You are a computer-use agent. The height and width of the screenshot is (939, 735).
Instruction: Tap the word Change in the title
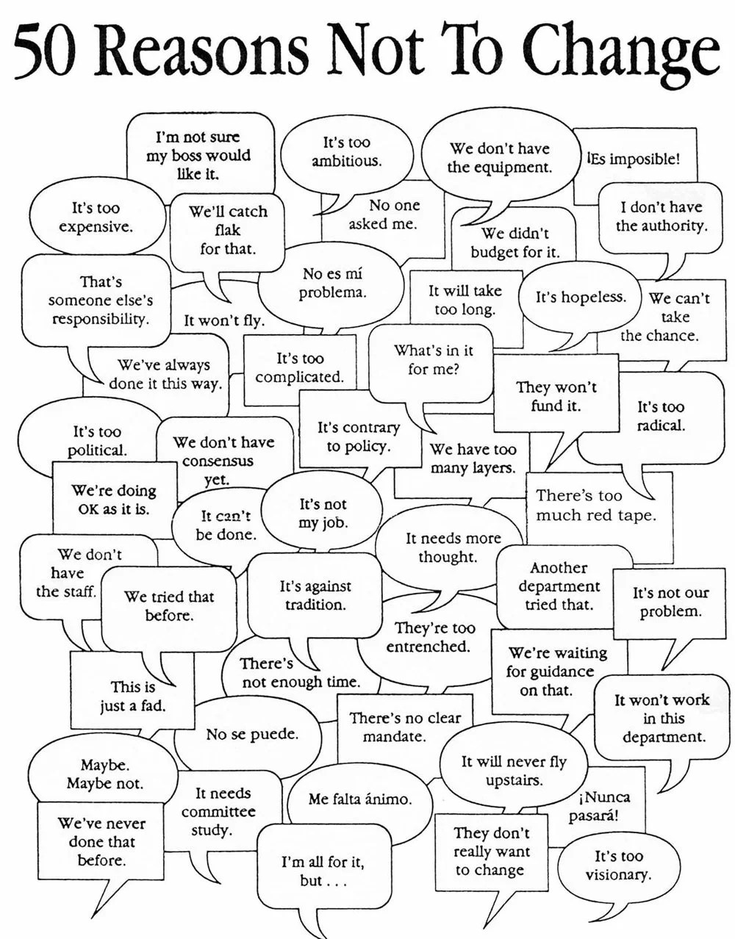click(623, 55)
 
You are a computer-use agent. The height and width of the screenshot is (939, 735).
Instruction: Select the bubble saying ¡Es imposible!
click(635, 166)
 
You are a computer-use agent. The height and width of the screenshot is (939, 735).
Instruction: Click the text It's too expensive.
click(96, 217)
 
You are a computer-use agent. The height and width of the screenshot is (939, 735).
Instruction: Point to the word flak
click(228, 230)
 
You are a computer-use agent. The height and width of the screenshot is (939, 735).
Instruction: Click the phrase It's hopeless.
click(581, 298)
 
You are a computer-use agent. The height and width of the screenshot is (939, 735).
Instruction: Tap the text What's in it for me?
click(433, 359)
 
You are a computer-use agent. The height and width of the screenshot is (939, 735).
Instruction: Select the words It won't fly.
click(224, 321)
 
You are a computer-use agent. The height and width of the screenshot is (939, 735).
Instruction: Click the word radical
click(661, 425)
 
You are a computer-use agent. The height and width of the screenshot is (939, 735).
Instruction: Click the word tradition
click(315, 605)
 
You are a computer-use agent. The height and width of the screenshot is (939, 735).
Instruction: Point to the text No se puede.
click(252, 734)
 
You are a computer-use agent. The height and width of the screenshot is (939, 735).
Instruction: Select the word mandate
click(394, 736)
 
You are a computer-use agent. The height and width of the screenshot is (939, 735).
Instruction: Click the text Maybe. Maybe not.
click(104, 774)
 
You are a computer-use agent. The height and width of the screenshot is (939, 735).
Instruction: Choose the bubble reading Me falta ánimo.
click(359, 800)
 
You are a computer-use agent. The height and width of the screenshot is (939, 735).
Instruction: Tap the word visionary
click(618, 876)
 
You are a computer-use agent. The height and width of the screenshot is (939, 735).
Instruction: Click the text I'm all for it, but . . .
click(323, 871)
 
